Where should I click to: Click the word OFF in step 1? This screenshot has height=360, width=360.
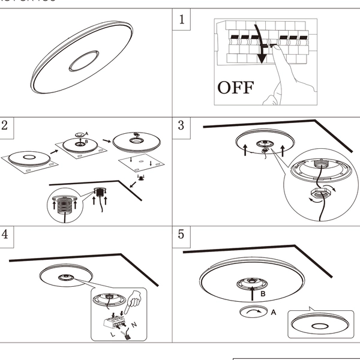[x=236, y=88]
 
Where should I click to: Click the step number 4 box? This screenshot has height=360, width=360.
[x=5, y=234]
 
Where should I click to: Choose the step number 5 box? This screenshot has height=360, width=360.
[x=182, y=234]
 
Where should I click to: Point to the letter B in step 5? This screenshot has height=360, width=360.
[x=262, y=294]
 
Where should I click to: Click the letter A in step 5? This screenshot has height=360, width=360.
[x=274, y=312]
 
